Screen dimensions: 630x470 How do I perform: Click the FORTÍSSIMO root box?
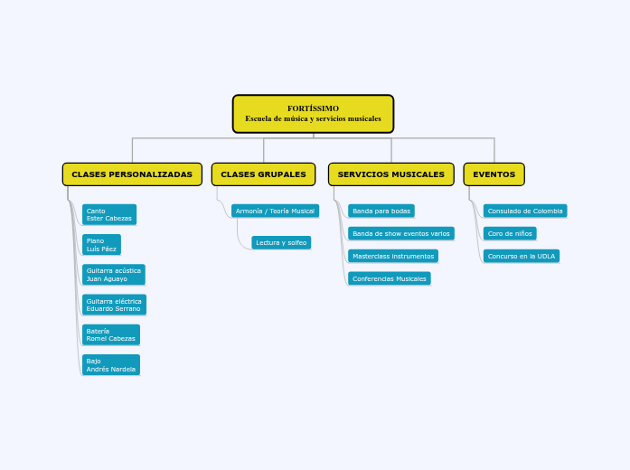point(313,114)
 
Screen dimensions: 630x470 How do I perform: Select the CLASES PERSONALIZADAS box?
point(132,174)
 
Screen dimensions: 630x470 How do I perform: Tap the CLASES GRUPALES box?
point(263,174)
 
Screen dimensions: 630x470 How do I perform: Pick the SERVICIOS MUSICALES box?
point(391,174)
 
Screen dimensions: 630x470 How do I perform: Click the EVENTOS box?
point(494,174)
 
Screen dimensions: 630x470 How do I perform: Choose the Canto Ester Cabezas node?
point(109,214)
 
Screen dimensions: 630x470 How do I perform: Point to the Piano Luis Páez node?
point(101,245)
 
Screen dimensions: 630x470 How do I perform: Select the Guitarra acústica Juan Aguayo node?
point(114,275)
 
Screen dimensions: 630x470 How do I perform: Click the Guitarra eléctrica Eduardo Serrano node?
point(114,305)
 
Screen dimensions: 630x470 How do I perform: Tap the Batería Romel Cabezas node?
point(111,334)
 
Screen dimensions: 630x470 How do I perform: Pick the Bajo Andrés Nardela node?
point(111,365)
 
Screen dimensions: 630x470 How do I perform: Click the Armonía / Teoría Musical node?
point(275,211)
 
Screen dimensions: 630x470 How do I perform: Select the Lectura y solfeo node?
point(281,242)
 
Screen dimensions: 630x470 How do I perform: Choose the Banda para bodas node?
point(381,211)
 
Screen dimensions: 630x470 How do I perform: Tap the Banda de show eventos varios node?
point(401,233)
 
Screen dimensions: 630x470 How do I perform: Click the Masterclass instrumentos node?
point(393,256)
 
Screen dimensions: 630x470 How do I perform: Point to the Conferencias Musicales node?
point(390,278)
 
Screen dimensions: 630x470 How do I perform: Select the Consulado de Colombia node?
point(525,211)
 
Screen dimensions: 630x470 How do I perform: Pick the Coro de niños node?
point(510,233)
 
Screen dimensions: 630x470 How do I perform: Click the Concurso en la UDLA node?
point(522,256)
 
